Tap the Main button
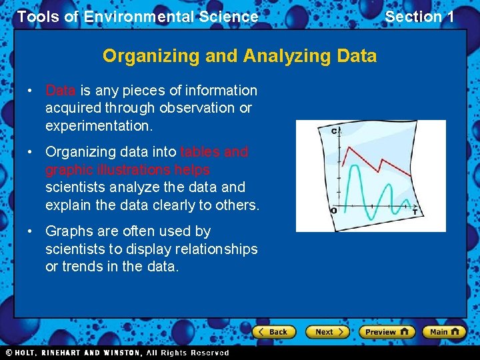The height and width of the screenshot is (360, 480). click(x=444, y=331)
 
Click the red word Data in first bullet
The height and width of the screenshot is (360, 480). click(x=60, y=91)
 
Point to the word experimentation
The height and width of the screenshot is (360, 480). click(x=99, y=125)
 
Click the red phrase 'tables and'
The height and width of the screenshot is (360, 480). click(x=214, y=152)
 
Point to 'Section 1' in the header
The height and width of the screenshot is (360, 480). click(x=419, y=17)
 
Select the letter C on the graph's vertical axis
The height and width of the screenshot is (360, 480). click(x=335, y=131)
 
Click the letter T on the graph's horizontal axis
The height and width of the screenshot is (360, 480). click(x=414, y=211)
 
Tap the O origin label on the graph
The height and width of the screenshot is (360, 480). click(x=333, y=211)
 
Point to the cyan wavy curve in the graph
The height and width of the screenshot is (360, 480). click(x=363, y=193)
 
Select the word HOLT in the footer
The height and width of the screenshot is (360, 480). click(x=27, y=353)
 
